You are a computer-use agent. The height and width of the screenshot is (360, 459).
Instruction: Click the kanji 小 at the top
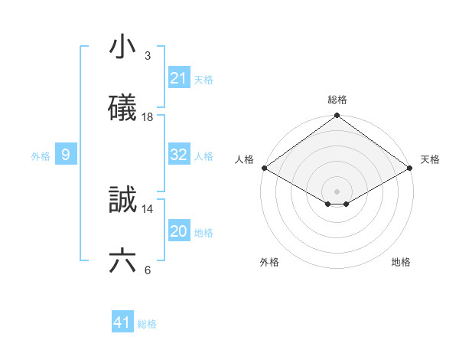pos(122,47)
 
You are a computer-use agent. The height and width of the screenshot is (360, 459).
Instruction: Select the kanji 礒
pos(122,108)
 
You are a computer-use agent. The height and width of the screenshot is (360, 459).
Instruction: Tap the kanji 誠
pos(122,200)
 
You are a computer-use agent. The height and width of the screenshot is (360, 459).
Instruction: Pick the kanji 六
pos(122,261)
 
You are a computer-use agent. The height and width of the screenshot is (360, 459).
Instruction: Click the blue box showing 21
pos(179,78)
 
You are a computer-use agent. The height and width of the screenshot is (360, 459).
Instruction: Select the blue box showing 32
pos(179,155)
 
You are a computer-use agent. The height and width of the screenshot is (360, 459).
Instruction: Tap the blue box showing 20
pos(179,231)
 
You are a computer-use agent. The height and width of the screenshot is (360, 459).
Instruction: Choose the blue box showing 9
pos(66,155)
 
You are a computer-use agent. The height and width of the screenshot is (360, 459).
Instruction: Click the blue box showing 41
pos(122,322)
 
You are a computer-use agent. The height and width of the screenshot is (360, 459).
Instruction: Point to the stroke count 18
pos(148,116)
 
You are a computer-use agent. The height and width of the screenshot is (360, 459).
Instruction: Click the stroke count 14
pos(148,208)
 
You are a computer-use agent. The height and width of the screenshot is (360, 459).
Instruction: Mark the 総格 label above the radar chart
pos(337,100)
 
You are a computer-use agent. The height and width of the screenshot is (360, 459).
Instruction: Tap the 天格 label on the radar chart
pos(430,159)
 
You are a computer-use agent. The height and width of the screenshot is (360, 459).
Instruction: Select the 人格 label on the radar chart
pos(245,159)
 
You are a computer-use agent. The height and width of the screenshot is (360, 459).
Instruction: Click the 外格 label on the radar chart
pos(269,262)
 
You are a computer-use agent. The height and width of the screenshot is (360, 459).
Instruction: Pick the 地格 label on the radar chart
pos(401,262)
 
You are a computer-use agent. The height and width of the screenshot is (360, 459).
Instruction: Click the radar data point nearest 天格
pos(411,168)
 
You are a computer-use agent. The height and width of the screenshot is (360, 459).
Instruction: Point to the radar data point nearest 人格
pos(264,168)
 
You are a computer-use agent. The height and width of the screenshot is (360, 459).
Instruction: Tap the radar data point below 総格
pos(337,116)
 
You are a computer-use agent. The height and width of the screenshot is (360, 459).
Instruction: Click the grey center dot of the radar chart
pos(337,191)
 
